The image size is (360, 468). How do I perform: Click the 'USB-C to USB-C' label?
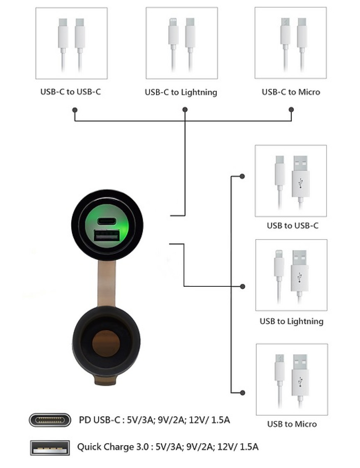point(71,91)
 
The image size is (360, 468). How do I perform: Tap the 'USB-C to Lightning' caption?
point(181,92)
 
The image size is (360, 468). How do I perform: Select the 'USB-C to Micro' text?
point(291,92)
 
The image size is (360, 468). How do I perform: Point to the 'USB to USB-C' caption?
point(293,226)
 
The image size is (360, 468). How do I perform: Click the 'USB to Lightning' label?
point(292,322)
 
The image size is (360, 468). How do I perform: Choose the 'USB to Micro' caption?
point(292,424)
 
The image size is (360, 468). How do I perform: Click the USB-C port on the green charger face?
point(107,221)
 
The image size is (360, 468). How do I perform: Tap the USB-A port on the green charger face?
point(107,235)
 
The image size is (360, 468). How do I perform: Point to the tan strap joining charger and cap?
point(106,283)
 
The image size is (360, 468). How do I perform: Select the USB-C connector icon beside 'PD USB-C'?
point(50,420)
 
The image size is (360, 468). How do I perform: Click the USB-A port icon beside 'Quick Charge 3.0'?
point(50,448)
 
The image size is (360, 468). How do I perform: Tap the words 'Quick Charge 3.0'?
point(113,447)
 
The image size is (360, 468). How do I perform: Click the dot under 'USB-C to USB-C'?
point(75,110)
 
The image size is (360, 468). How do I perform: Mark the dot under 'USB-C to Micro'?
point(291,110)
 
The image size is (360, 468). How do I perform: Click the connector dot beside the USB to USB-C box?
point(242,176)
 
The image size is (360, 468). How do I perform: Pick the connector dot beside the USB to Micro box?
point(242,393)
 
